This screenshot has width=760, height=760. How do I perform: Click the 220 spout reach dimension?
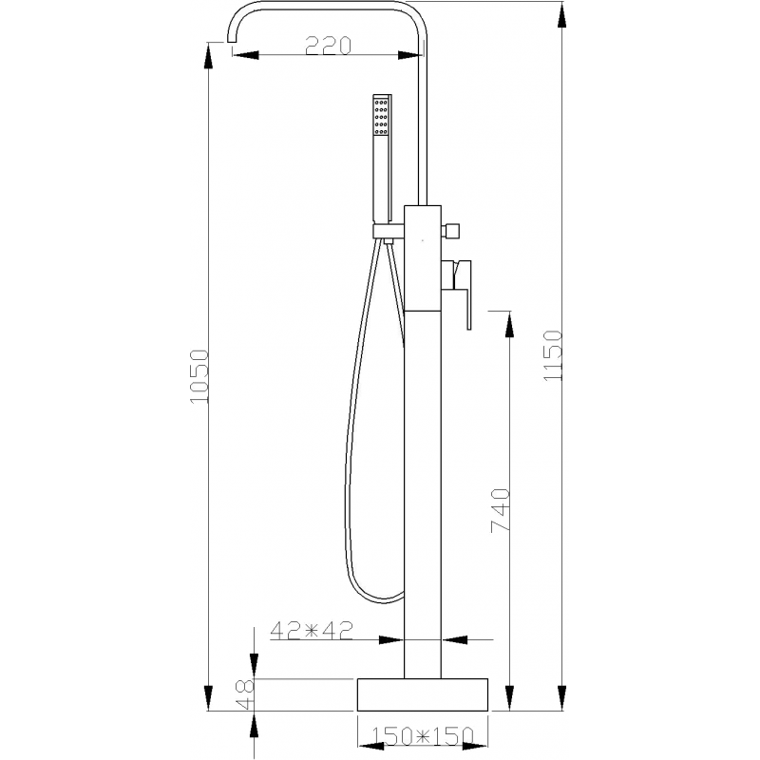328,45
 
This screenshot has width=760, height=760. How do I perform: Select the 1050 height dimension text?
199,377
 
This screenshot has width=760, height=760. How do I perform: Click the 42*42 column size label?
313,629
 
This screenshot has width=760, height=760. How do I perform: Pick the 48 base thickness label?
244,692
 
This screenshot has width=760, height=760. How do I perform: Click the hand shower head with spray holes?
382,119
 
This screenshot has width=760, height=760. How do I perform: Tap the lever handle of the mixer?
463,294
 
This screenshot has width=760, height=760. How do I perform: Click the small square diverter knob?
453,230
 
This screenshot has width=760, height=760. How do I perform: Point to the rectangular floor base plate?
422,694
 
